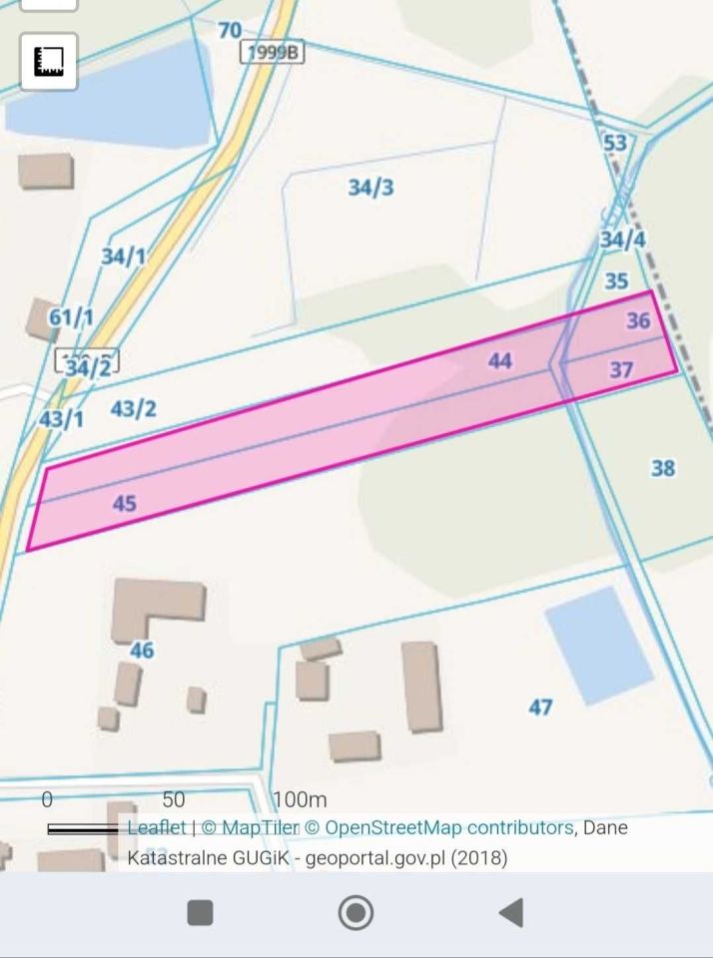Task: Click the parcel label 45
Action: [x=124, y=504]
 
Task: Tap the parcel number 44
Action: [x=500, y=361]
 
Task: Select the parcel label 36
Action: [x=638, y=320]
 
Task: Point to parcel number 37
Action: [x=621, y=370]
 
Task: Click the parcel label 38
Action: [x=663, y=468]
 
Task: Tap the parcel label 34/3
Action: [x=370, y=188]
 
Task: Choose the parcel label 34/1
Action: [x=123, y=256]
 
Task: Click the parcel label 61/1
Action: [x=71, y=318]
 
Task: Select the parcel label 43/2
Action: [x=133, y=408]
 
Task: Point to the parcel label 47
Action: [x=540, y=708]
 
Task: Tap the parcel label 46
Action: [x=142, y=651]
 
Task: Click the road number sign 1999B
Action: [x=272, y=53]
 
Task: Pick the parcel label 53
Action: [x=615, y=143]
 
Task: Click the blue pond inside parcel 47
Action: [x=599, y=645]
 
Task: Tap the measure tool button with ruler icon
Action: [x=49, y=61]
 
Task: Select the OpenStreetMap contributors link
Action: [x=448, y=827]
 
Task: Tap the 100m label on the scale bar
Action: [x=300, y=800]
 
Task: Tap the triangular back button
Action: [x=511, y=912]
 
